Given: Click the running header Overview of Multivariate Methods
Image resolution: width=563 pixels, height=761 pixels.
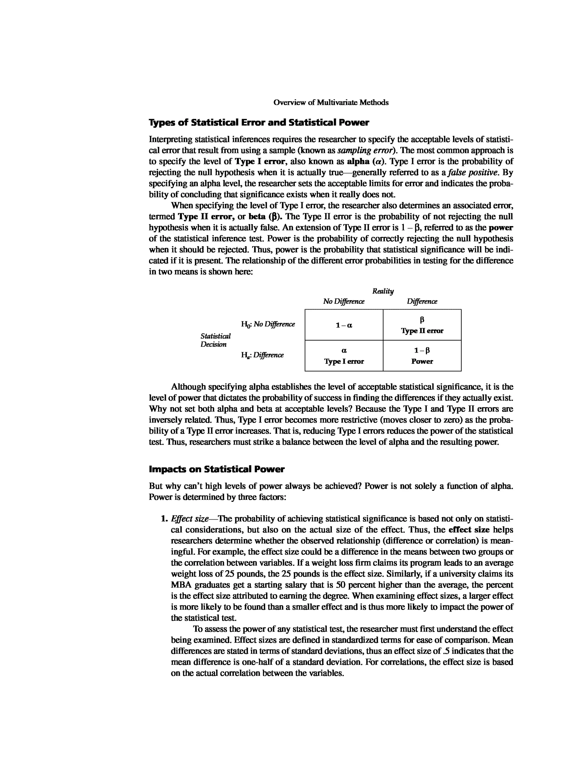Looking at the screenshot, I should pos(331,102).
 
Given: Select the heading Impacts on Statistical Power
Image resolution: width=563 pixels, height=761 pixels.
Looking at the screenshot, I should pos(216,469).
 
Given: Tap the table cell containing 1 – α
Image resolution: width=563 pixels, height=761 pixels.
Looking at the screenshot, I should pos(344,325).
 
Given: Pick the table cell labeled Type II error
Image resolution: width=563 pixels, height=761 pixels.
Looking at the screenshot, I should pos(422,325).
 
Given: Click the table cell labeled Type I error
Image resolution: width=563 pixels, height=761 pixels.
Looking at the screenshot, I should pos(344,356).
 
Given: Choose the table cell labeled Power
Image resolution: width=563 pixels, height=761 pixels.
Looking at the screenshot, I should pos(422,356).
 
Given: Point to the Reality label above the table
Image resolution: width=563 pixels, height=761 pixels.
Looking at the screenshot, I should pos(383,291).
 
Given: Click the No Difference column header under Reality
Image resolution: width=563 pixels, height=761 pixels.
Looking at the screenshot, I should pos(344,301).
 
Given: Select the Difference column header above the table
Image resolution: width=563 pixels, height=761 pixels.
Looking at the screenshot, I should pos(422,301).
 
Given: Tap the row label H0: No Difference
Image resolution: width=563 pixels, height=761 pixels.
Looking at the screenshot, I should pos(268,324).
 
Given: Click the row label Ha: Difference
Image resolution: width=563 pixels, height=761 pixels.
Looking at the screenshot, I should pos(263,355).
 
